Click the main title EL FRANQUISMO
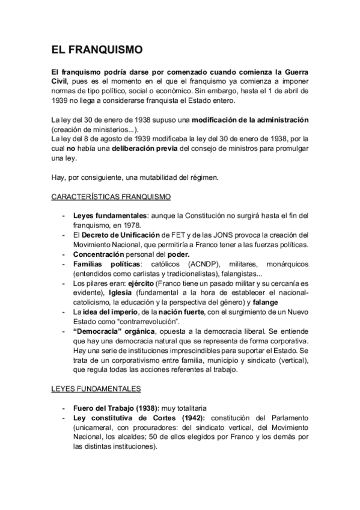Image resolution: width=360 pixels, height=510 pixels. pyautogui.click(x=96, y=51)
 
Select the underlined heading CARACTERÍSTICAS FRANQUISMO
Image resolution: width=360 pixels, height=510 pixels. pyautogui.click(x=111, y=197)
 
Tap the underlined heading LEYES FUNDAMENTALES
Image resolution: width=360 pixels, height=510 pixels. pyautogui.click(x=96, y=390)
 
